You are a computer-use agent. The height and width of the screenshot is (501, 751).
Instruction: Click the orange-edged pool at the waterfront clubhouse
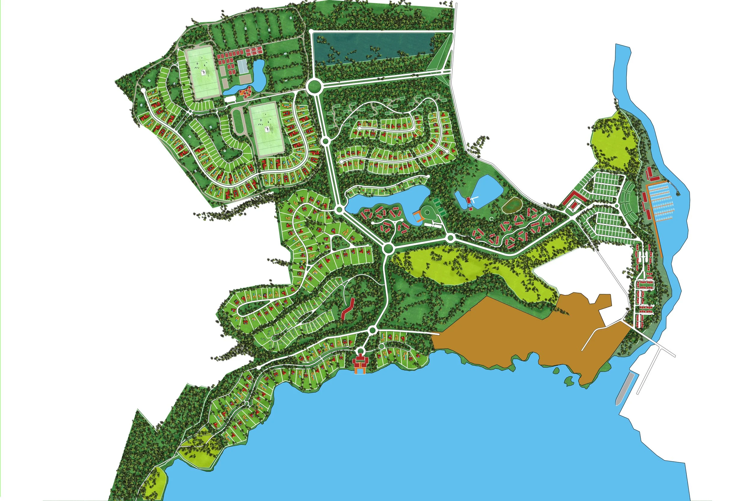[x=359, y=371]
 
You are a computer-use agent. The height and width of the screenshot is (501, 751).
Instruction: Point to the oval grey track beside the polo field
[x=238, y=121]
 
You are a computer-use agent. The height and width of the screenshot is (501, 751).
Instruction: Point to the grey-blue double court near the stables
[x=243, y=66]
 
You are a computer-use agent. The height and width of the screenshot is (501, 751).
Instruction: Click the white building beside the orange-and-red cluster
[x=229, y=100]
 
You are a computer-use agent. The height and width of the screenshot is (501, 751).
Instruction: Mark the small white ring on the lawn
[x=492, y=218]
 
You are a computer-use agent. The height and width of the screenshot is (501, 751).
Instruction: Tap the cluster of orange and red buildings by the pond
[x=245, y=93]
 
